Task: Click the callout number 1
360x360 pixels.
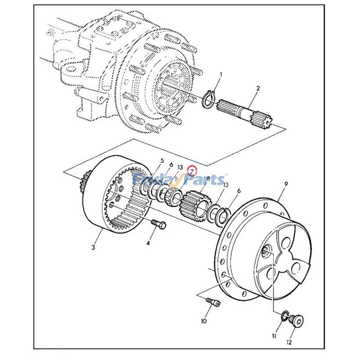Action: click(x=220, y=74)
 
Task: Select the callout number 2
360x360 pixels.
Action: click(x=257, y=89)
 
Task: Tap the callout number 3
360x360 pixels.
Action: click(x=93, y=247)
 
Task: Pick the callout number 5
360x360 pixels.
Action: click(x=162, y=161)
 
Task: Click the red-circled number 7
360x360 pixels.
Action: click(x=192, y=171)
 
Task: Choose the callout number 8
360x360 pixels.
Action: click(x=208, y=178)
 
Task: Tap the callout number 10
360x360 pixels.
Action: click(x=204, y=321)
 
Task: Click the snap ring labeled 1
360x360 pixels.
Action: click(x=210, y=99)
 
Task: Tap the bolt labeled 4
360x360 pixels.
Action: click(x=157, y=224)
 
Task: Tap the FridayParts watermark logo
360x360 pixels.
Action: click(x=180, y=180)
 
